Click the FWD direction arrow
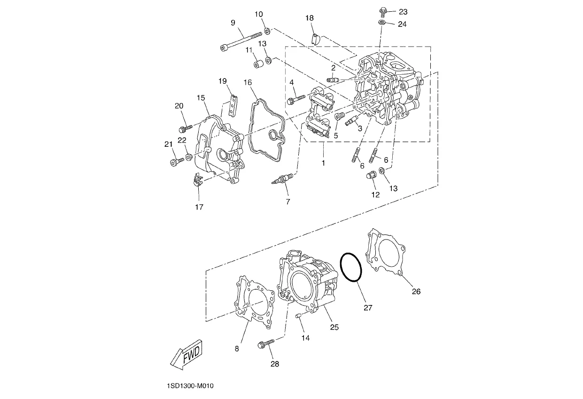(x=187, y=355)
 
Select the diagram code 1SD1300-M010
(x=190, y=386)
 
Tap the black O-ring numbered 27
(x=351, y=267)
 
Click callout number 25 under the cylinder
(x=334, y=327)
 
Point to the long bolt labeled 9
(x=241, y=41)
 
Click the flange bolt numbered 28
(x=266, y=343)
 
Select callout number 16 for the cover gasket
(x=248, y=82)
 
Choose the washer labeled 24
(x=382, y=23)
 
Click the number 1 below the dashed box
(x=323, y=163)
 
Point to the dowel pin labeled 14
(x=298, y=316)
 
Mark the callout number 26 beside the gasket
(x=416, y=291)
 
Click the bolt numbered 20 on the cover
(x=186, y=128)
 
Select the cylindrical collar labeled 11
(x=259, y=64)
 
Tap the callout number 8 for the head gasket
(x=237, y=349)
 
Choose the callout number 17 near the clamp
(x=199, y=207)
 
